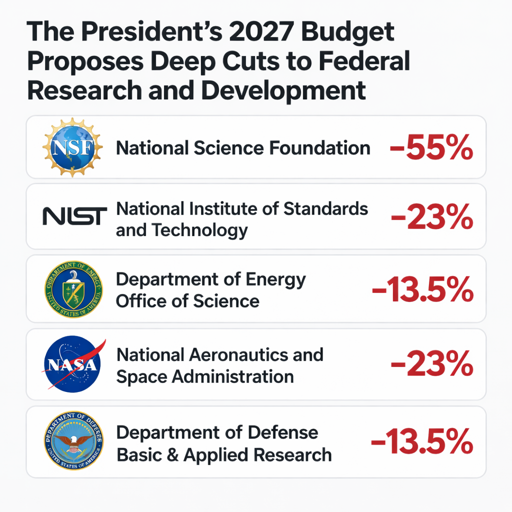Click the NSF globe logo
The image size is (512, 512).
[72, 147]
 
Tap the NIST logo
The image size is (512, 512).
[74, 216]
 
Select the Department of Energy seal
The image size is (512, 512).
[73, 289]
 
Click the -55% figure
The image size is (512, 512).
[431, 148]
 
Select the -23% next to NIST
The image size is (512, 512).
[431, 217]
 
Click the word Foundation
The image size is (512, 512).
[320, 148]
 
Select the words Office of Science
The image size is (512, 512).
[187, 301]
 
